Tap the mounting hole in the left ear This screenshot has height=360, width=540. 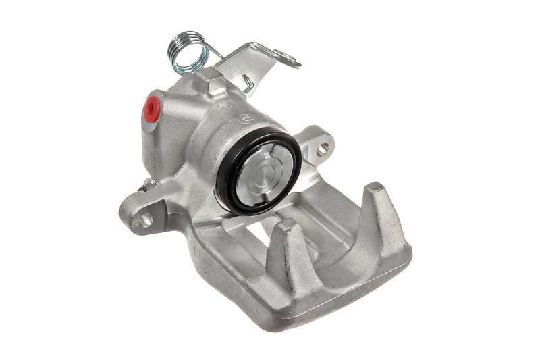point(144,219)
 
